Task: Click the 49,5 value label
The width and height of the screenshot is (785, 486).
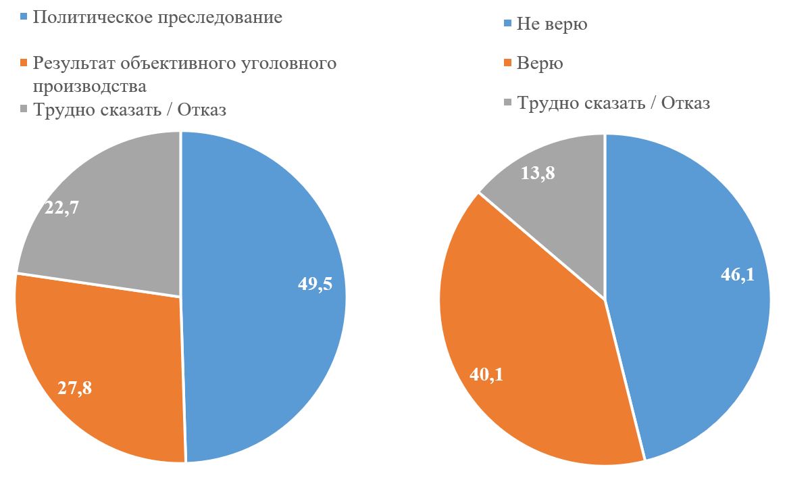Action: coord(315,284)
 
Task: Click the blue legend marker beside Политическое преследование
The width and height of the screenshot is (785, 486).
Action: coord(24,18)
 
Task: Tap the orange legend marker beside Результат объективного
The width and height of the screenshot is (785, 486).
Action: coord(24,64)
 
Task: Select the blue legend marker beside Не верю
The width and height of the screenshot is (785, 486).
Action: coord(508,25)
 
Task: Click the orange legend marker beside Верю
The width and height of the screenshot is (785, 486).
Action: coord(508,64)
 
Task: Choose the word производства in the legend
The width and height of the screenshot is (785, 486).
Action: coord(89,87)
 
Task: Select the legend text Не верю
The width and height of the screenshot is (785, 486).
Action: coord(552,25)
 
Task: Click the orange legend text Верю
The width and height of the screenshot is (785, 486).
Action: coord(540,64)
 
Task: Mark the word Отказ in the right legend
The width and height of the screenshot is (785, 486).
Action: coord(685,103)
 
